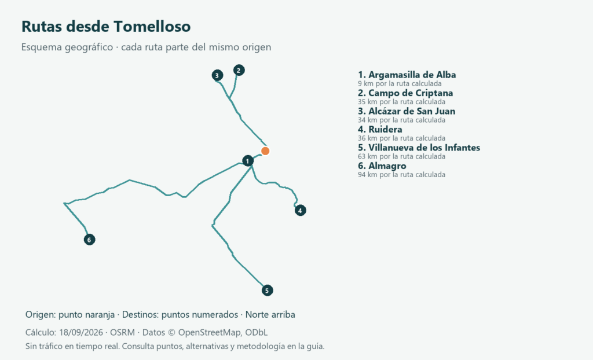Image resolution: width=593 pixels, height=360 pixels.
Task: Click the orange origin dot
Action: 265,151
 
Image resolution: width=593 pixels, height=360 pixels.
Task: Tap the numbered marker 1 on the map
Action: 248,161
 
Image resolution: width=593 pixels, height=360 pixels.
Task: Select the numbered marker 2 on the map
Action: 239,71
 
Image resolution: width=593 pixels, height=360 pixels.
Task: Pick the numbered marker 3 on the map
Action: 217,76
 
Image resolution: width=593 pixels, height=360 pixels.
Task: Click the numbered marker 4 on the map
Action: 301,211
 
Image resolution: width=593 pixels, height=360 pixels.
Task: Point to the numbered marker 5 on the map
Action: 267,291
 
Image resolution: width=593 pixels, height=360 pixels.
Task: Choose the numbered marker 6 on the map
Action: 89,240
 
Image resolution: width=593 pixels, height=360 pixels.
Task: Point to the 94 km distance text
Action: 402,175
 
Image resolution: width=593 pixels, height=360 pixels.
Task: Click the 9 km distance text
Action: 400,83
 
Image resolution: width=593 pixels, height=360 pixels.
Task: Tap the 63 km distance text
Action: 402,156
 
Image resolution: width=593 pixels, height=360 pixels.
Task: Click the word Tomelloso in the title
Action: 152,27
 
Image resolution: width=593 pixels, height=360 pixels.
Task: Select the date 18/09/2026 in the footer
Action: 81,332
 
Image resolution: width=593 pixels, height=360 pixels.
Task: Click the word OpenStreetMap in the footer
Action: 209,332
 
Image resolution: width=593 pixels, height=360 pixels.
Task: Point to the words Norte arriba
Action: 270,315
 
